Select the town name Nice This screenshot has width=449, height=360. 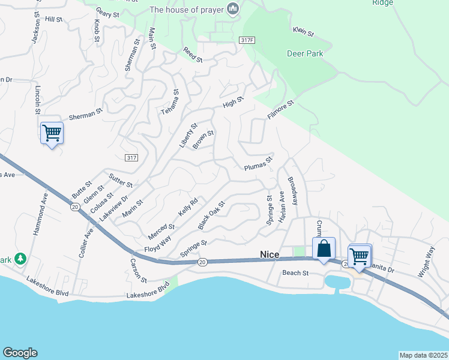pyautogui.click(x=270, y=254)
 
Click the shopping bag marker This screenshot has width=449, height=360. pyautogui.click(x=324, y=248)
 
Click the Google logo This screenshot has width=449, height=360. pyautogui.click(x=20, y=353)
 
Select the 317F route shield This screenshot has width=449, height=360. pyautogui.click(x=247, y=40)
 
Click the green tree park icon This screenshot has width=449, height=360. pyautogui.click(x=22, y=258)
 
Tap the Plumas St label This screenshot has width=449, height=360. pyautogui.click(x=258, y=164)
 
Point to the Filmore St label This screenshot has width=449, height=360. pyautogui.click(x=280, y=112)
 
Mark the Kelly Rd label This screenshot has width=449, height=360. pyautogui.click(x=188, y=209)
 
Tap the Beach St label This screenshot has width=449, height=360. pyautogui.click(x=295, y=272)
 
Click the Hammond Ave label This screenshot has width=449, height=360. pyautogui.click(x=44, y=213)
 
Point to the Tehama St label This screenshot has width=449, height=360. pyautogui.click(x=170, y=103)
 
